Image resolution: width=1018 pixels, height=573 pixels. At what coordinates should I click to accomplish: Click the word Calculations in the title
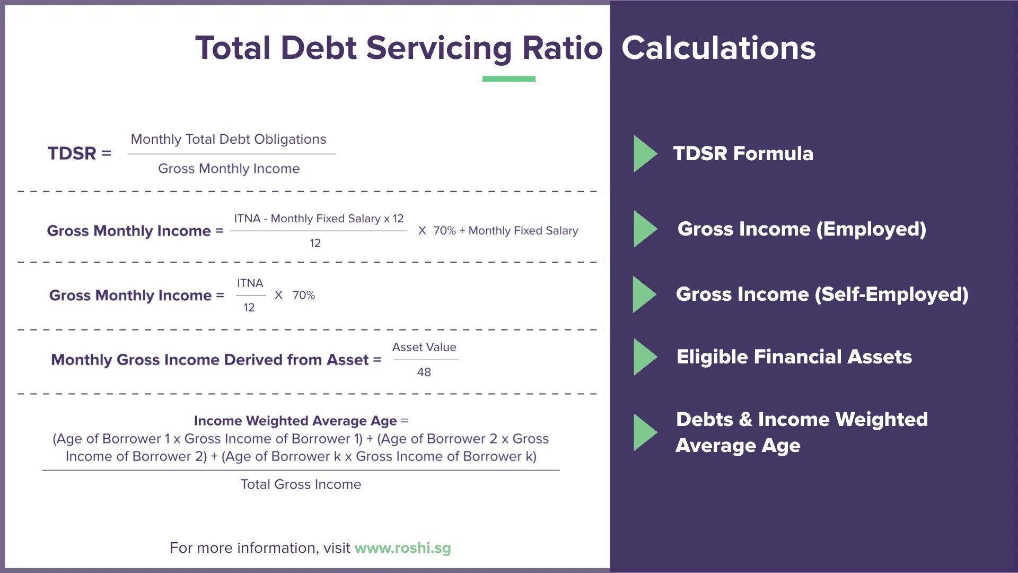718,48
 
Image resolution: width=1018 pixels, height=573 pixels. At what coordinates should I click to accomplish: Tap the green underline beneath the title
508,79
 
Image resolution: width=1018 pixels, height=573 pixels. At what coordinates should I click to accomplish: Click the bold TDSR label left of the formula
72,153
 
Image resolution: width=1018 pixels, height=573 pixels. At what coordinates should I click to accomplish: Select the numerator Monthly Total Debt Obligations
229,139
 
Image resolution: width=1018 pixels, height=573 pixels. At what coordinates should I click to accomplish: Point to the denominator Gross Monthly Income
229,169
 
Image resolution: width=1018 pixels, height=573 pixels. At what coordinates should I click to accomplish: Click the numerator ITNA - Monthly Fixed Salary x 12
319,219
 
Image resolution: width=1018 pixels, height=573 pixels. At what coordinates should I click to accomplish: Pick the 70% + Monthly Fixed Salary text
505,231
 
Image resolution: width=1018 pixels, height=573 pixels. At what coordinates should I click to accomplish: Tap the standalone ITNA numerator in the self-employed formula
250,283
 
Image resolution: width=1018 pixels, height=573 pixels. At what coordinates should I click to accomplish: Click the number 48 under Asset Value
424,372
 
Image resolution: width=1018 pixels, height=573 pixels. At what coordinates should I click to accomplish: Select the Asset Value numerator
424,348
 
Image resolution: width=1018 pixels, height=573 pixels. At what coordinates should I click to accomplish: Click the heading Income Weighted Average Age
295,421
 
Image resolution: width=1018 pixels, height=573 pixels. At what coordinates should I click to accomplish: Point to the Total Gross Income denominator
301,484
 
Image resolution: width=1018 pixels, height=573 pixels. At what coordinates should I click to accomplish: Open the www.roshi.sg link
402,548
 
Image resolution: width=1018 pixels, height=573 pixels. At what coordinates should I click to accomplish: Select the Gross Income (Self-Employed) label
822,294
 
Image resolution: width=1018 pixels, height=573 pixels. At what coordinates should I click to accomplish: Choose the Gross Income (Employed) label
802,229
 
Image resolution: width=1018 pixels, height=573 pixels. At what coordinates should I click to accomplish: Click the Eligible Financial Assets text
794,357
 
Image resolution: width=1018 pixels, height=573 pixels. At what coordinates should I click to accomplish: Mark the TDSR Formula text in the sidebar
743,154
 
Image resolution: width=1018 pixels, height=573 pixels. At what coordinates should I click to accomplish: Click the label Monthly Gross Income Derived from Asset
209,360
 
